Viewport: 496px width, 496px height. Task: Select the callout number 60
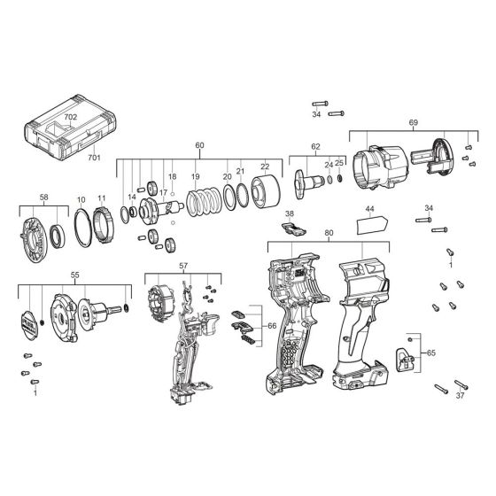(x=199, y=145)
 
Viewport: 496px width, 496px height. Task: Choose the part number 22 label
(x=265, y=166)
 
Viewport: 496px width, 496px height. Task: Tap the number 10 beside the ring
(x=81, y=200)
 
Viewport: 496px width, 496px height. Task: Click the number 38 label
(x=289, y=214)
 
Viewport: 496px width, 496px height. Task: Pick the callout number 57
(x=183, y=266)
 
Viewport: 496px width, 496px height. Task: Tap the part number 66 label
(x=271, y=325)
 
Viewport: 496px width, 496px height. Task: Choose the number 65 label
(x=430, y=353)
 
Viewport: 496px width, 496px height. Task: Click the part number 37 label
(x=459, y=396)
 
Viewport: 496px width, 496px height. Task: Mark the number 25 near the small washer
(x=339, y=164)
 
